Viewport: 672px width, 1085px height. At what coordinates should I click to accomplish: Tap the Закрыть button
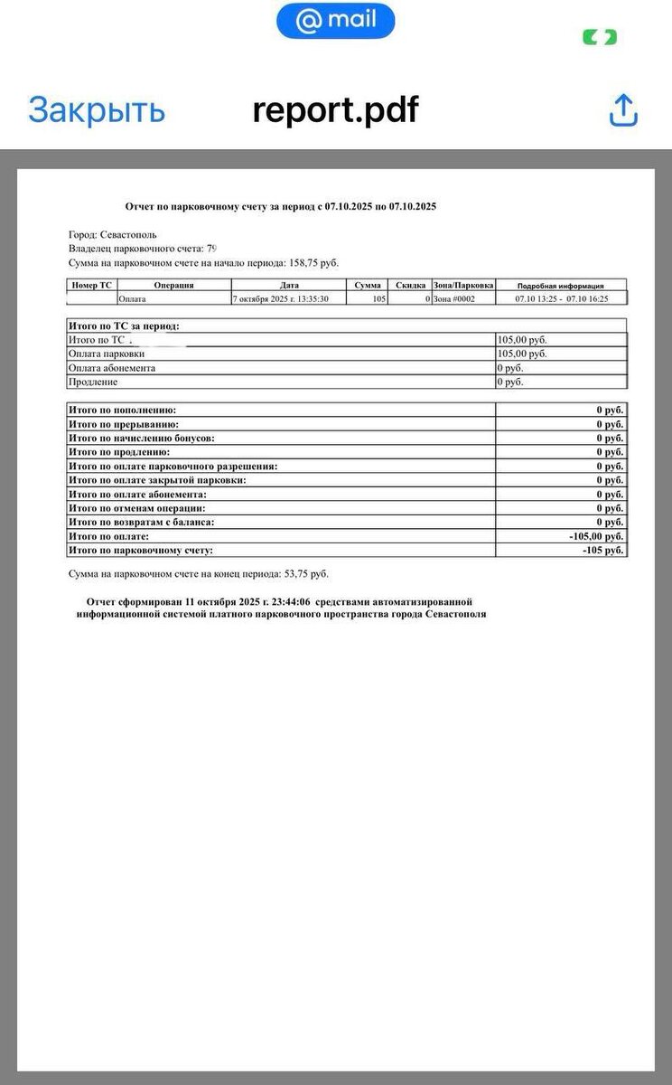pyautogui.click(x=97, y=110)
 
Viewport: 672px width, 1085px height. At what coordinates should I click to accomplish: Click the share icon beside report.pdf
pyautogui.click(x=623, y=110)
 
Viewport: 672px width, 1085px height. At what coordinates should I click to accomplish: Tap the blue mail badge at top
pyautogui.click(x=335, y=21)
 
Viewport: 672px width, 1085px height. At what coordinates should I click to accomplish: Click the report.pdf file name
pyautogui.click(x=335, y=110)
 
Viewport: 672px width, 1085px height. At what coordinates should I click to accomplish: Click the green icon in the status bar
pyautogui.click(x=600, y=37)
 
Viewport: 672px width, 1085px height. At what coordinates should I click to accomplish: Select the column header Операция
pyautogui.click(x=173, y=286)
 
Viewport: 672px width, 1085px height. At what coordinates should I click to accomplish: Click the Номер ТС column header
pyautogui.click(x=91, y=286)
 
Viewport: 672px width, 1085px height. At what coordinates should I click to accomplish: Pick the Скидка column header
pyautogui.click(x=410, y=286)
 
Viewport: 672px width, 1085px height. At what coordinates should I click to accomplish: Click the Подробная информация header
pyautogui.click(x=560, y=286)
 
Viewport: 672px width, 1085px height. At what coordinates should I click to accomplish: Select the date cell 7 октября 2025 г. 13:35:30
pyautogui.click(x=280, y=298)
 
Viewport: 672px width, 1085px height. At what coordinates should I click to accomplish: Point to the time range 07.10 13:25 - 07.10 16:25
pyautogui.click(x=561, y=298)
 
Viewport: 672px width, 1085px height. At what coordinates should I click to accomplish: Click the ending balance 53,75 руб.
pyautogui.click(x=303, y=574)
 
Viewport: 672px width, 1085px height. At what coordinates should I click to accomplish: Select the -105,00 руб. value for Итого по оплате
pyautogui.click(x=596, y=536)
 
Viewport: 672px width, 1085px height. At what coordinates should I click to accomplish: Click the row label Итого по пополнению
pyautogui.click(x=123, y=410)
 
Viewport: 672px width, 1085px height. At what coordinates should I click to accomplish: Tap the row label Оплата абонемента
pyautogui.click(x=112, y=368)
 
